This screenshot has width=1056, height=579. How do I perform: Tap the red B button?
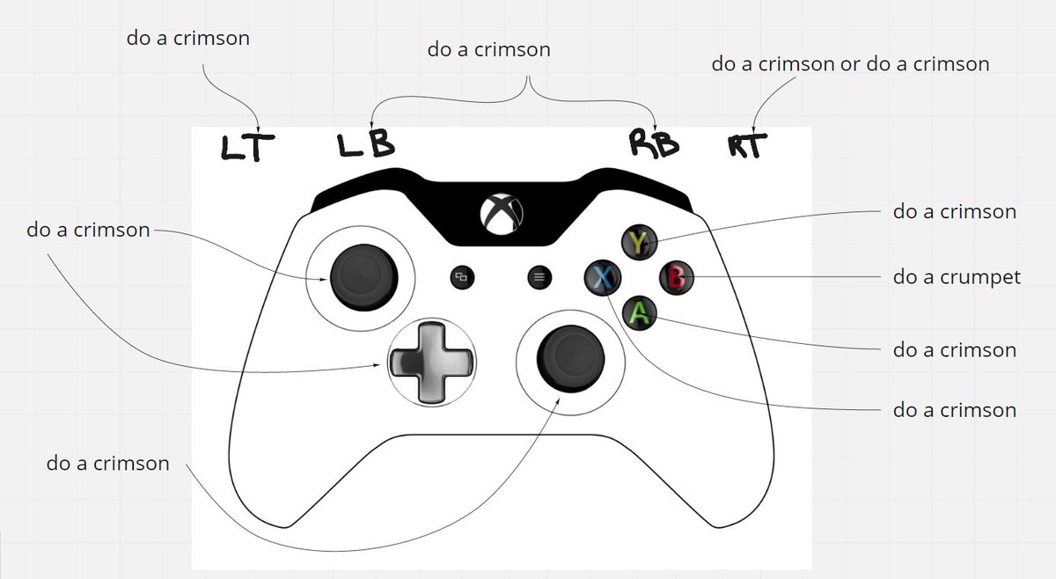676,278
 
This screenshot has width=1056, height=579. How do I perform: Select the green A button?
640,312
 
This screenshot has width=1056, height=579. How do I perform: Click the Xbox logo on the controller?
502,212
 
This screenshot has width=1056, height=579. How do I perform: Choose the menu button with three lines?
539,277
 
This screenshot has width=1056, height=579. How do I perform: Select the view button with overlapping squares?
461,277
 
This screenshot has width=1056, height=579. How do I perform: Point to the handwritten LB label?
366,144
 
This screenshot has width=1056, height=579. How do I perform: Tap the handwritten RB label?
654,143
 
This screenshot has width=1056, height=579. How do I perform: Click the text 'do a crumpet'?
957,277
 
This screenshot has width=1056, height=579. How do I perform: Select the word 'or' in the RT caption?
851,64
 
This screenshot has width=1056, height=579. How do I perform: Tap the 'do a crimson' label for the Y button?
955,211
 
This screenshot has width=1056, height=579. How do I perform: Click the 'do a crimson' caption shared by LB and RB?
488,49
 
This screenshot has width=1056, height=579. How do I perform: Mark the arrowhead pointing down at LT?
257,126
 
